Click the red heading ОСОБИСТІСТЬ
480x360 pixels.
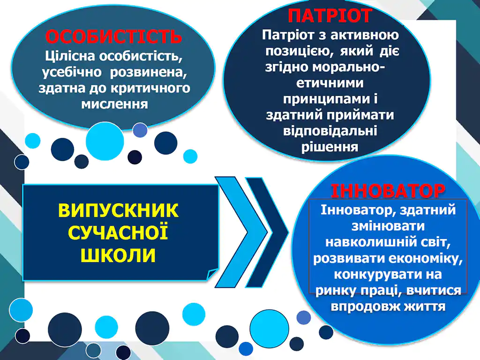pyautogui.click(x=113, y=37)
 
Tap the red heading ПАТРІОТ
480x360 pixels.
pyautogui.click(x=330, y=15)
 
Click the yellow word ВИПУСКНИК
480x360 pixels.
pyautogui.click(x=118, y=210)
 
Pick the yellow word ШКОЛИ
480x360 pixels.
pyautogui.click(x=118, y=255)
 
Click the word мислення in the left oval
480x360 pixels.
pyautogui.click(x=114, y=105)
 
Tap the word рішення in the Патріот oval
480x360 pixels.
pyautogui.click(x=330, y=147)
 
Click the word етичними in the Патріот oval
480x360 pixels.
pyautogui.click(x=330, y=83)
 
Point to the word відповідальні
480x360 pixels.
pyautogui.click(x=330, y=131)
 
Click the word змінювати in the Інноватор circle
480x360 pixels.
pyautogui.click(x=388, y=226)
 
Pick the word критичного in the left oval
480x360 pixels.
pyautogui.click(x=150, y=89)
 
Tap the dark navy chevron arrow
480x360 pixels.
pyautogui.click(x=267, y=232)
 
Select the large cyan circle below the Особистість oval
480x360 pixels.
pyautogui.click(x=105, y=141)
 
